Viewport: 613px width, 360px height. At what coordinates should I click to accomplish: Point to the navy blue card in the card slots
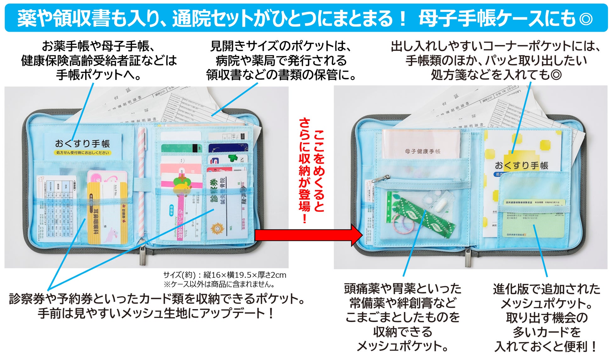point(228,148)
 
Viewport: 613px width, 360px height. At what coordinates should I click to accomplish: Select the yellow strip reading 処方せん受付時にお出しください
point(83,153)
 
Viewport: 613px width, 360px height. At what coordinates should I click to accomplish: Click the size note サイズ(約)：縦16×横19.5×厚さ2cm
point(224,275)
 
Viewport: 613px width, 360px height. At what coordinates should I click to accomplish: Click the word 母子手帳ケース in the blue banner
point(481,18)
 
